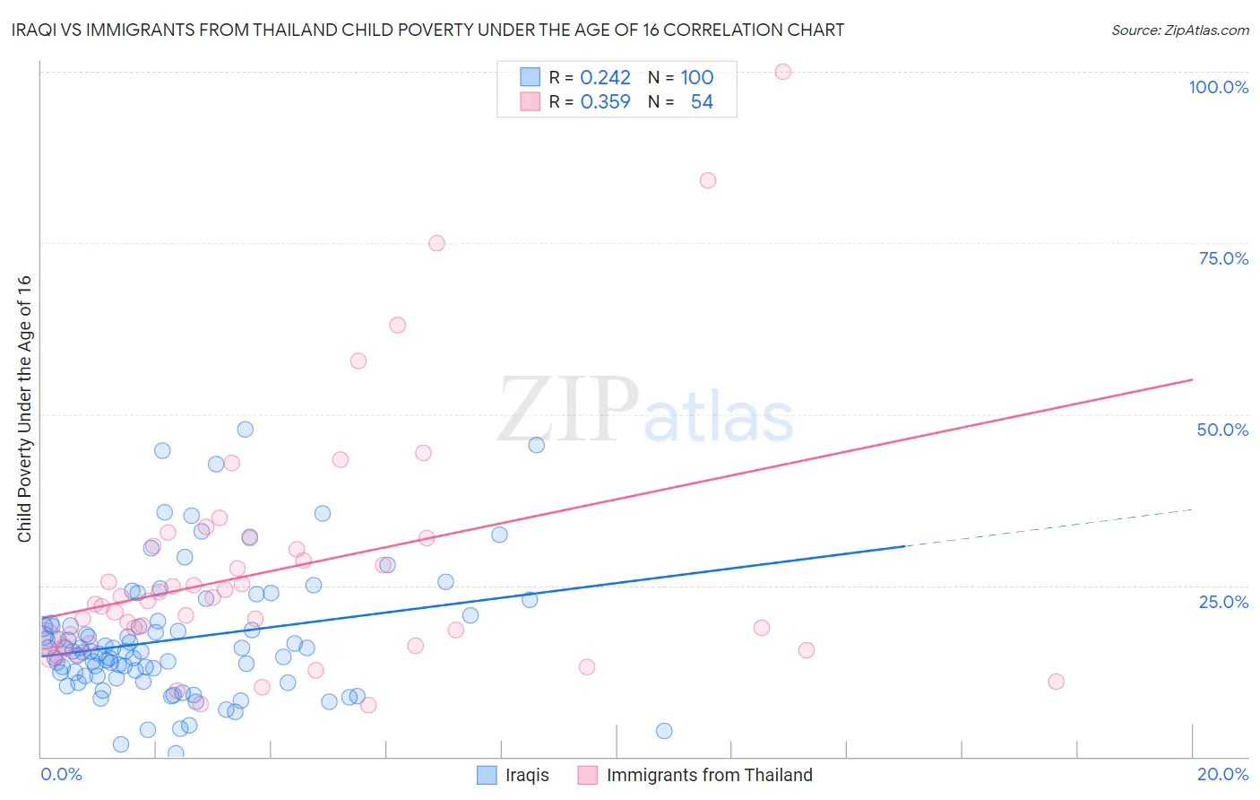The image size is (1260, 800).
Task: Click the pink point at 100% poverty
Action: point(782,72)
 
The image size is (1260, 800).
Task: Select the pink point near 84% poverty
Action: point(708,180)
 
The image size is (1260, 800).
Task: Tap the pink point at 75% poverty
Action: point(436,243)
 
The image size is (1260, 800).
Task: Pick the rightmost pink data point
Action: point(1056,682)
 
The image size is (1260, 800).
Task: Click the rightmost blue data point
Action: point(664,731)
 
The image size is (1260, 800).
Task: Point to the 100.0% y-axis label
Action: point(1218,87)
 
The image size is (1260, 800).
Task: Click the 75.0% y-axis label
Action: point(1223,258)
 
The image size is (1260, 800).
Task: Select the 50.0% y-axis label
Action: point(1222,430)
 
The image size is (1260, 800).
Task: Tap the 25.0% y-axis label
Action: point(1223,601)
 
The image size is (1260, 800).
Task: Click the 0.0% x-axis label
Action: point(61,774)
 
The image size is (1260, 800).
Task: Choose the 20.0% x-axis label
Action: point(1222,774)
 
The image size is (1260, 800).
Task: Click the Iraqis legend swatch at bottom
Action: point(487,775)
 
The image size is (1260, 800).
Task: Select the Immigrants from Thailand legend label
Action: point(709,775)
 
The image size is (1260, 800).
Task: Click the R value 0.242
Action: point(605,77)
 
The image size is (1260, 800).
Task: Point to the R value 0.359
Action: point(605,102)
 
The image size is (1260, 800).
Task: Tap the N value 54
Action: point(702,102)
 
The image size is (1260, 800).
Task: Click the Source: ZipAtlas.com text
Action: point(1179,30)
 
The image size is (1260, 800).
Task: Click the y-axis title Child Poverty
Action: point(24,408)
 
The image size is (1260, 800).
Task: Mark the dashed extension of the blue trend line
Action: point(1049,527)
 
